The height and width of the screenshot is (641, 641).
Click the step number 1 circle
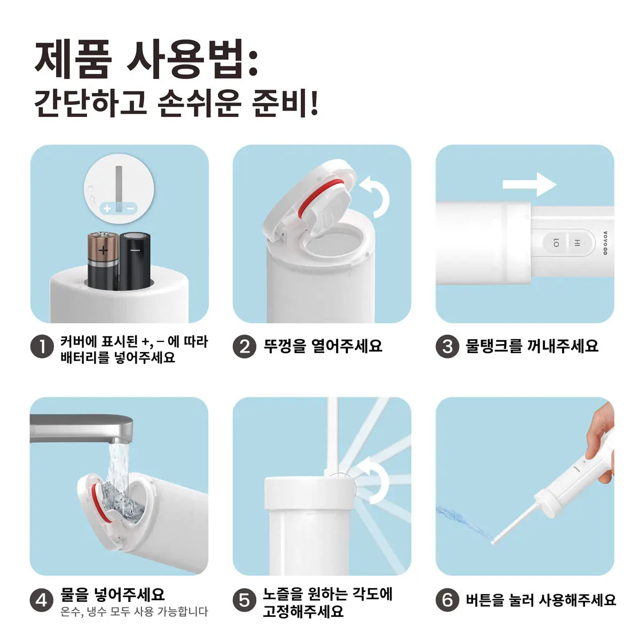42,347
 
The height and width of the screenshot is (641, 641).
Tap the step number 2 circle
245,347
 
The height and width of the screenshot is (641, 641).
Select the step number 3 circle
448,347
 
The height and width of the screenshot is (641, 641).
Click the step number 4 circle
42,600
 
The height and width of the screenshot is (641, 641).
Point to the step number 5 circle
245,600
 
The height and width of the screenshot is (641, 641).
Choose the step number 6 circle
448,600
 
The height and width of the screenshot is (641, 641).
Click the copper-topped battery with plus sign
103,261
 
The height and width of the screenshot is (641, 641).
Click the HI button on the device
577,243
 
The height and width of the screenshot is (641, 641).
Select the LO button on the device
556,243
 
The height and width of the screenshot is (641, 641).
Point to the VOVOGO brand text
605,243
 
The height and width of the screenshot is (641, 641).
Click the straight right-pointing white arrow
529,184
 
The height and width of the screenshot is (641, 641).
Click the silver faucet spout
82,429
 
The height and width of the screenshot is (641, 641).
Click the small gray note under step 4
134,612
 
